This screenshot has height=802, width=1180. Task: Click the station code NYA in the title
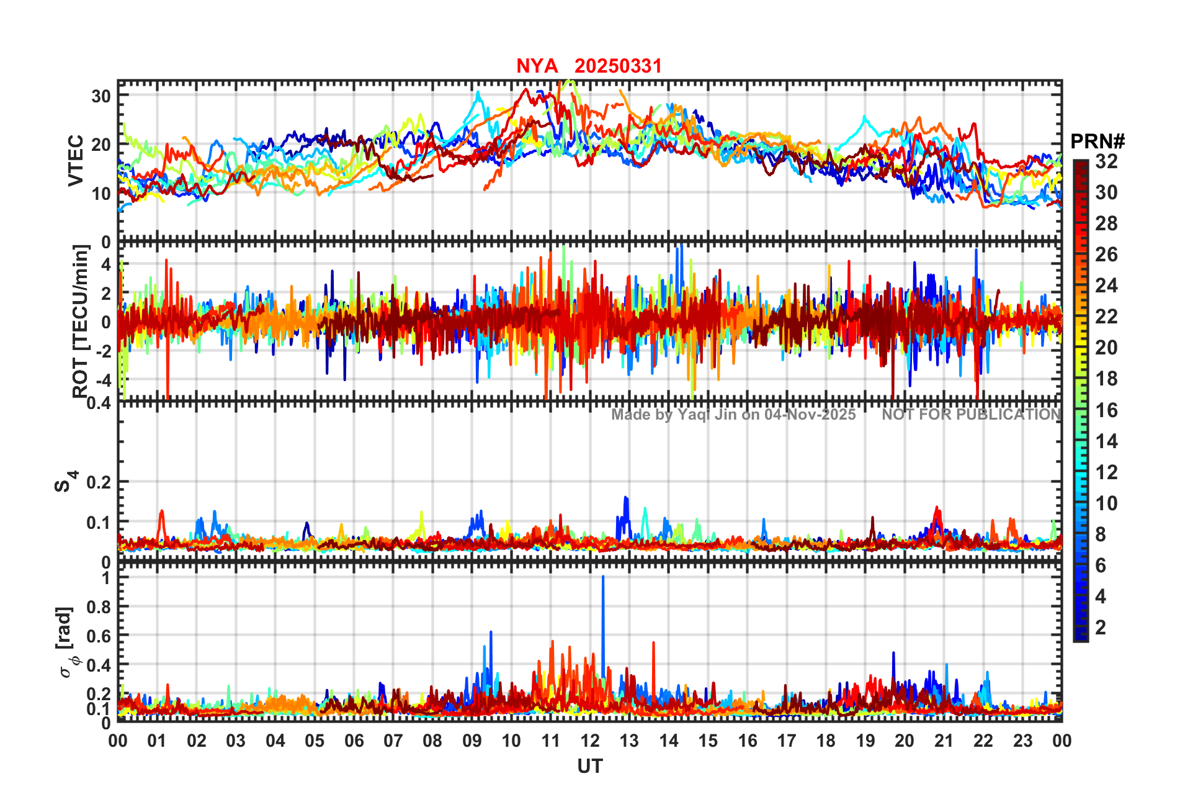coord(537,66)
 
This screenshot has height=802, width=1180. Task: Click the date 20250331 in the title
coord(618,66)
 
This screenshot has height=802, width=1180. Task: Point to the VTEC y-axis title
coord(76,160)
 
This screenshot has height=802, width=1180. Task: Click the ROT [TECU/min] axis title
coord(81,321)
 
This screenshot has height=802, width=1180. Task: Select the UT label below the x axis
coord(589,767)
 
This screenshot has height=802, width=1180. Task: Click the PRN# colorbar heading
coord(1097,142)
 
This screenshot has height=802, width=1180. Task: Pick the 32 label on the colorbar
coord(1106,161)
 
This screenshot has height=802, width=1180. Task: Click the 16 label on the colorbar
coord(1106,410)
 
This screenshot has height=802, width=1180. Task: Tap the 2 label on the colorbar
coord(1101,628)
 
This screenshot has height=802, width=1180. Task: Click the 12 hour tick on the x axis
coord(590,741)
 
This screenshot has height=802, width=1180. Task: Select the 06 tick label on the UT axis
coord(354,741)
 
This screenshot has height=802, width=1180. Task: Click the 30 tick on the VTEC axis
coord(101,96)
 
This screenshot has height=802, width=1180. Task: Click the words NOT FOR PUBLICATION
coord(971,415)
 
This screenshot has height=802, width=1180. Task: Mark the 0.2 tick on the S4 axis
coord(99,482)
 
